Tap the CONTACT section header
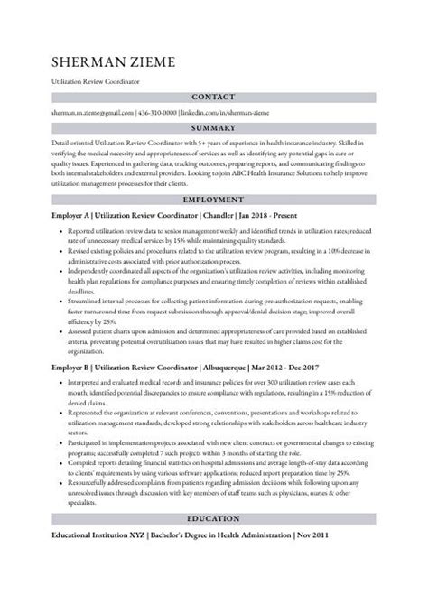tap(214, 96)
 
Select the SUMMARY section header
tap(214, 129)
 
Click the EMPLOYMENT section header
tap(214, 199)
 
